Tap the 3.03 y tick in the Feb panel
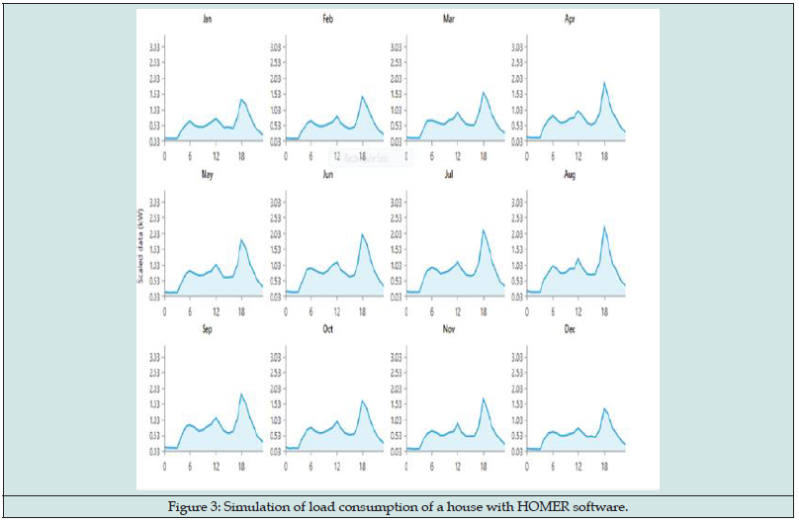276,46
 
